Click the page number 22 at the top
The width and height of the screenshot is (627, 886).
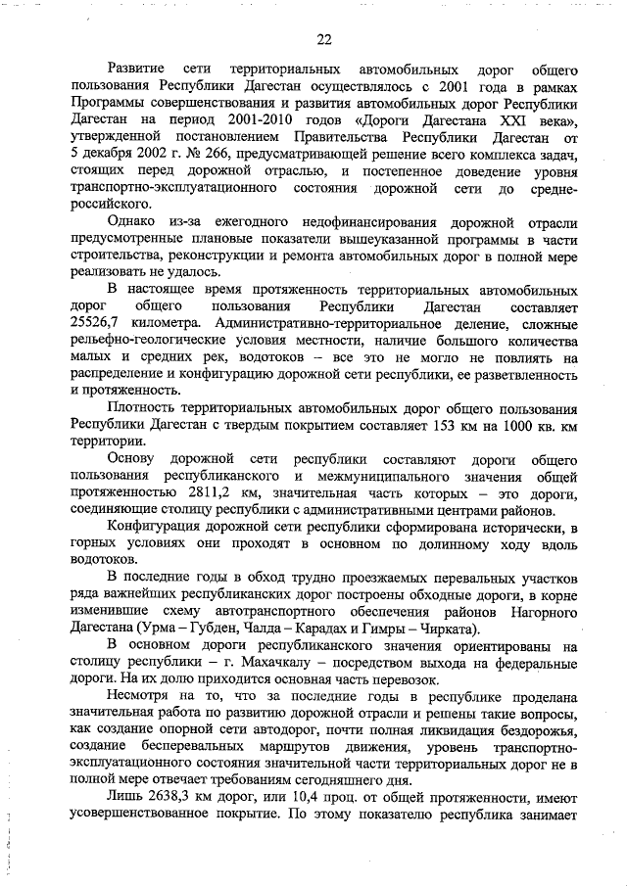(324, 39)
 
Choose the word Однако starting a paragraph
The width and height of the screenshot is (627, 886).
(136, 221)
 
